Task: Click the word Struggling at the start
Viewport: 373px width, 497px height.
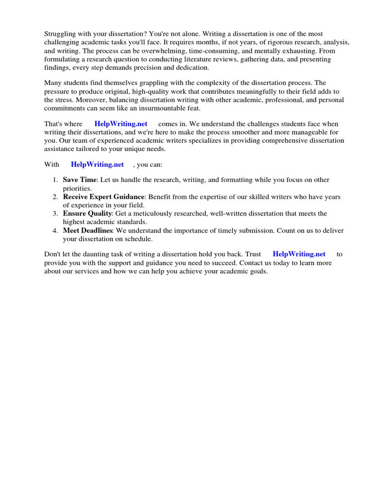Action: [x=60, y=34]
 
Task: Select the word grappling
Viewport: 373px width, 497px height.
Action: [x=155, y=83]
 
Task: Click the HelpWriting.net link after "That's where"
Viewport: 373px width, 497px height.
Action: [x=121, y=124]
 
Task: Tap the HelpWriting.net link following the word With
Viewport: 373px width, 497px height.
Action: [x=97, y=165]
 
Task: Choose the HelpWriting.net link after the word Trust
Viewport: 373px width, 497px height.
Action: [x=299, y=254]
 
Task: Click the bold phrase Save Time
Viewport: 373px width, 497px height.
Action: [x=80, y=180]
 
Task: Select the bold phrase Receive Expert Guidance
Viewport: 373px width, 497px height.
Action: [x=103, y=197]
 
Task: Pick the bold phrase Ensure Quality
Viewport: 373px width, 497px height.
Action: [x=87, y=214]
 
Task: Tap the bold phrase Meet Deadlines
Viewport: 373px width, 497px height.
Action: [x=87, y=231]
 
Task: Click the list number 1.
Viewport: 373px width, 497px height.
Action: [x=55, y=180]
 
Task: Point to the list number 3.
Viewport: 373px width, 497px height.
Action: [x=55, y=214]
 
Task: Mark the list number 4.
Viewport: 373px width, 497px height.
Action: [x=55, y=231]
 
